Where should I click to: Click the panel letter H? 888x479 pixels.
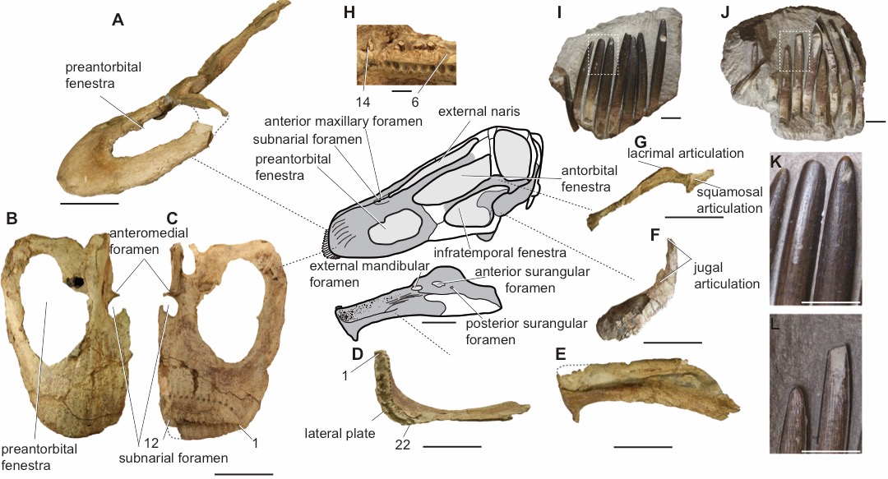click(349, 12)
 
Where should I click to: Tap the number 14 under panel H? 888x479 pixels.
click(363, 101)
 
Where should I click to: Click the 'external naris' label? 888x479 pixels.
click(479, 111)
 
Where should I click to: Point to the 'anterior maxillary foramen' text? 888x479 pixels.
click(343, 121)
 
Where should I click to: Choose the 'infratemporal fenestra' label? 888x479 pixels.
click(500, 252)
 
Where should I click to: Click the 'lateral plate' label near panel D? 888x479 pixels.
click(340, 434)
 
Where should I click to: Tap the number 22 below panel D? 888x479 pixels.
click(402, 445)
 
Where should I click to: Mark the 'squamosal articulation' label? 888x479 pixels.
click(729, 200)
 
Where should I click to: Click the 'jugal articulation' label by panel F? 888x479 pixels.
click(727, 275)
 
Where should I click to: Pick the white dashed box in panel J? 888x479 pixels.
click(795, 51)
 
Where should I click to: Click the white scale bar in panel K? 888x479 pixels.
click(830, 302)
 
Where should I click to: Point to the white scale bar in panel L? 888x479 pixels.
click(830, 451)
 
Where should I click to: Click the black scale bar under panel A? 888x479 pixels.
click(89, 203)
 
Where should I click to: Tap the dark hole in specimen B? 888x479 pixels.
click(76, 281)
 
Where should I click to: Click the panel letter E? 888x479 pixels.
click(561, 354)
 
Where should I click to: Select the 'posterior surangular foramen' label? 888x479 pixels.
click(526, 331)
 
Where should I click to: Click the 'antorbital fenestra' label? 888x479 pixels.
click(589, 178)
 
